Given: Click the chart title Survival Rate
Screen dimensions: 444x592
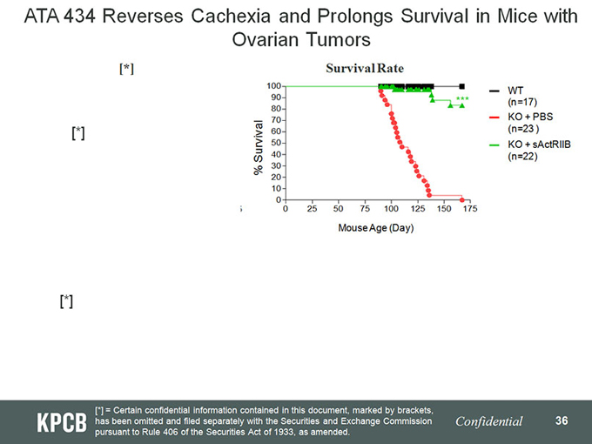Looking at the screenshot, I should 364,68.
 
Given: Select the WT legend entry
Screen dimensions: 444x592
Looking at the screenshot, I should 515,90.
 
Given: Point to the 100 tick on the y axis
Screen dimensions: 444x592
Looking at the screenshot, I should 273,86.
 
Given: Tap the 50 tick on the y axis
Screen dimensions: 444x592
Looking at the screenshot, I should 275,143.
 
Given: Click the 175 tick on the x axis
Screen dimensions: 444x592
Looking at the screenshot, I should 470,209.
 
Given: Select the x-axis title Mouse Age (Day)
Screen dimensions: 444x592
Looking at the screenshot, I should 376,228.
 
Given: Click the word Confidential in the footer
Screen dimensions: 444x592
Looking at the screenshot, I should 489,421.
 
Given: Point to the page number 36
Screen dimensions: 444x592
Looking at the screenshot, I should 562,420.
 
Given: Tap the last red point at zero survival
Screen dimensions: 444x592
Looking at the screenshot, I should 462,199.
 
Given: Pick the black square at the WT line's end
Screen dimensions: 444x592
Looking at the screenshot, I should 461,86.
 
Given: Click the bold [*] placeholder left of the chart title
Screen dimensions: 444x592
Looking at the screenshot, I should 126,69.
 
